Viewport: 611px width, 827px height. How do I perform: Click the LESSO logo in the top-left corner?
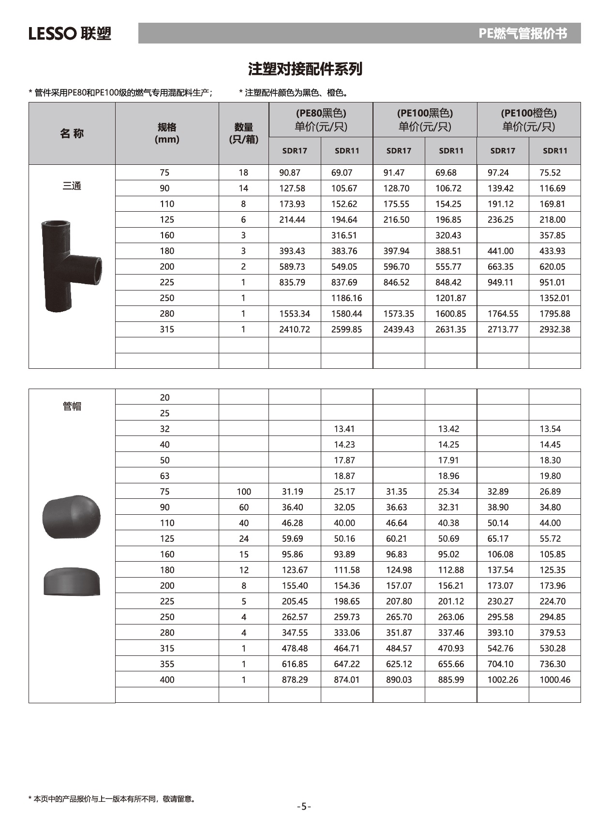[70, 33]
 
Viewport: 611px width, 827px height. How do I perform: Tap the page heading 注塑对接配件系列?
[305, 69]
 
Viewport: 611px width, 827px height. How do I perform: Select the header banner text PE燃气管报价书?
[522, 33]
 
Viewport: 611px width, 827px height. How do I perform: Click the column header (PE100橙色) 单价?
[528, 119]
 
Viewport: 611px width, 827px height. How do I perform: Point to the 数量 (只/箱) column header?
[243, 133]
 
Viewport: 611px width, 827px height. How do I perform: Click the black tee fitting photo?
[72, 265]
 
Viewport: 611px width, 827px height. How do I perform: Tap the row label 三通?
[72, 186]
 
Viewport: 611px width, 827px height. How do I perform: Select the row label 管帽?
[72, 406]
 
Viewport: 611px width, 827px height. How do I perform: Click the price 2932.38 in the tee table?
[554, 330]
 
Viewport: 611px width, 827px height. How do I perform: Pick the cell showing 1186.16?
[346, 298]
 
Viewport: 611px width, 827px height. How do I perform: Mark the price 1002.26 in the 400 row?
[502, 680]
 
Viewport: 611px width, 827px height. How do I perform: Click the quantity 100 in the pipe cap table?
[243, 492]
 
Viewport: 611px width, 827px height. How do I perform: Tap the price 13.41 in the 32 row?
[344, 429]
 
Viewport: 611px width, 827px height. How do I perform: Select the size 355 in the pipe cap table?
[167, 664]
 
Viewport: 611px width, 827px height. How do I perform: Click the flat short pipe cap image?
[72, 581]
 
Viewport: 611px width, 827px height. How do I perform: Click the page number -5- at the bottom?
[304, 806]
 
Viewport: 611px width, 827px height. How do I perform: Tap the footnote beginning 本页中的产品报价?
[112, 798]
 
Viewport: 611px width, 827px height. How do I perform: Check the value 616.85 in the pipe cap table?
[295, 664]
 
